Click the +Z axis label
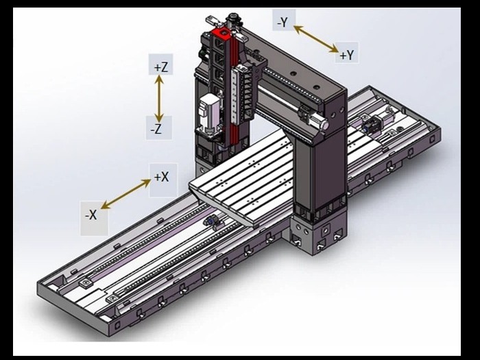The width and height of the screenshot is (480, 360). click(161, 67)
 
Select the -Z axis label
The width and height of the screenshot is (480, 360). click(156, 129)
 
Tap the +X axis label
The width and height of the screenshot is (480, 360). click(161, 177)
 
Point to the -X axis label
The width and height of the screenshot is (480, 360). click(91, 215)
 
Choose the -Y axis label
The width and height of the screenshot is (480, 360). click(283, 23)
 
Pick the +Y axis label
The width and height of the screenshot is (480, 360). click(347, 55)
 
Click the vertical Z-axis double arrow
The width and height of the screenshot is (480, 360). click(159, 98)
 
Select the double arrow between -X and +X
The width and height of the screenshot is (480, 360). click(125, 194)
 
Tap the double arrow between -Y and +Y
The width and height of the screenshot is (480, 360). click(316, 39)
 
